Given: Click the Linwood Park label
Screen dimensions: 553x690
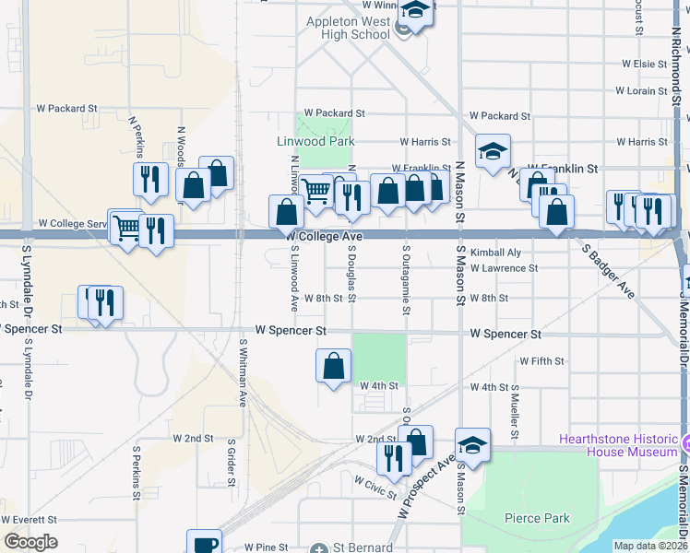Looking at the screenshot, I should tap(315, 142).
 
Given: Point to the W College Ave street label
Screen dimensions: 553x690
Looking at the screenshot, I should tap(323, 237).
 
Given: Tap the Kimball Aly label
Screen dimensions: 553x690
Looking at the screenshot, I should tap(495, 253).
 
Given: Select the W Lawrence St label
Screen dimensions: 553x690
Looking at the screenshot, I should tap(503, 268).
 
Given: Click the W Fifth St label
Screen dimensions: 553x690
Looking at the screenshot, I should tap(541, 361).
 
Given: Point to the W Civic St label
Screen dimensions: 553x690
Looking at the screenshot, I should tap(375, 482).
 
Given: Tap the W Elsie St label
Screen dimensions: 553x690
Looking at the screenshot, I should tap(644, 64).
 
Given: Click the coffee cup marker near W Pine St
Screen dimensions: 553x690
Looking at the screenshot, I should tap(204, 544).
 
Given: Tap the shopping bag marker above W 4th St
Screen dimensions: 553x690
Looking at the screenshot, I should tap(333, 366).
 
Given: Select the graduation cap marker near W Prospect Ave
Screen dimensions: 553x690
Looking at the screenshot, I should tap(472, 445).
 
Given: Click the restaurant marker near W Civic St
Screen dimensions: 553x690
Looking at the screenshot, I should tap(394, 458).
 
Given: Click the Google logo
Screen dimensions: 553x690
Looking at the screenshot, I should tap(30, 542).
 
